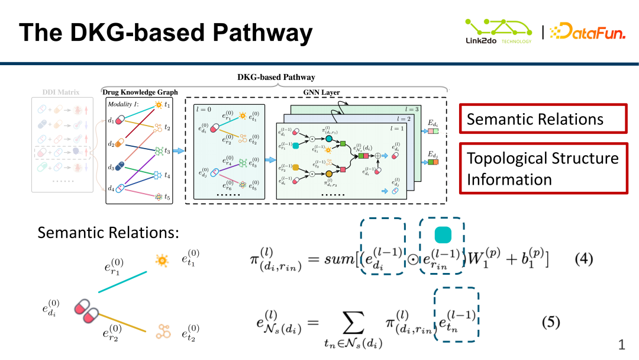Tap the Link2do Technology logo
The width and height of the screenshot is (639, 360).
click(498, 31)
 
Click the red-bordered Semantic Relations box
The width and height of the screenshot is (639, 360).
click(543, 118)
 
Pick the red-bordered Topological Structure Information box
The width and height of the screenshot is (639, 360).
click(543, 168)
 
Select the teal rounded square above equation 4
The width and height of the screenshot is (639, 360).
click(443, 236)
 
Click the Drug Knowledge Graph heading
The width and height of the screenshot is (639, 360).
click(140, 92)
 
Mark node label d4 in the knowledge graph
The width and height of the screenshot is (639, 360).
click(111, 188)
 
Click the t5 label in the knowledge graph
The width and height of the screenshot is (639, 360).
click(167, 197)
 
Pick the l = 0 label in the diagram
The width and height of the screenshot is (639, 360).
click(205, 110)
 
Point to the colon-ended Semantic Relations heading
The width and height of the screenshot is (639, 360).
click(108, 233)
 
